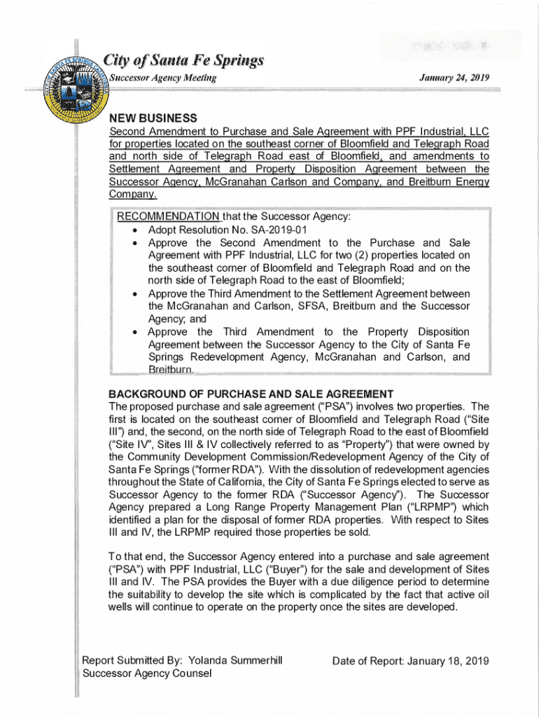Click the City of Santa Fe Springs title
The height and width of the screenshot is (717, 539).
pyautogui.click(x=183, y=60)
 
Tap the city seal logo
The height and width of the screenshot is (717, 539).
pyautogui.click(x=77, y=91)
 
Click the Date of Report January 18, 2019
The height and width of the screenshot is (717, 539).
pyautogui.click(x=410, y=660)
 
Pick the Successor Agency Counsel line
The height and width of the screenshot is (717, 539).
pyautogui.click(x=148, y=674)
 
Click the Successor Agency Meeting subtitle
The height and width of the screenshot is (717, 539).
pyautogui.click(x=162, y=77)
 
